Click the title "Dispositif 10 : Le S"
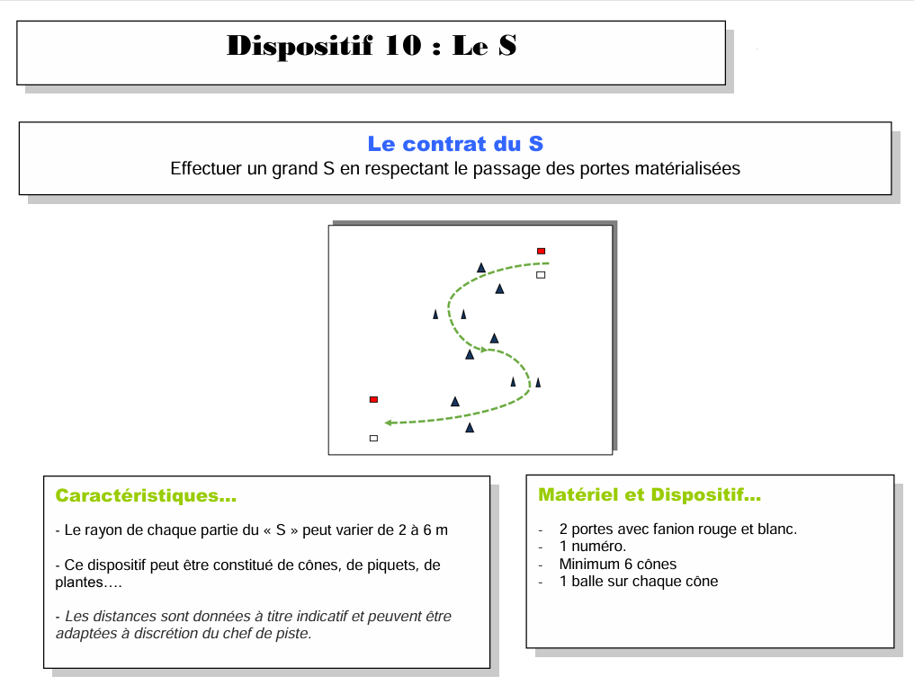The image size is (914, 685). (x=372, y=46)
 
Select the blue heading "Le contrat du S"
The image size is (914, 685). (x=455, y=144)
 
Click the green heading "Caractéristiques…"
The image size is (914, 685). (x=146, y=495)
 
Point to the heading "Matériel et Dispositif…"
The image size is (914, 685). (x=650, y=494)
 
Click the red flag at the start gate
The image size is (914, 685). (x=541, y=251)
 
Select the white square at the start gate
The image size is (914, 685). (x=541, y=274)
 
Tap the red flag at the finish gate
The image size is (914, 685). (x=373, y=399)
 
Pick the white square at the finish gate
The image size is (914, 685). (x=373, y=438)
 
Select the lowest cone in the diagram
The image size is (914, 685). (x=470, y=428)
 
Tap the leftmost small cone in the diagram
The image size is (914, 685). (x=435, y=315)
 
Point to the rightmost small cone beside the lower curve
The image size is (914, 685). (x=538, y=382)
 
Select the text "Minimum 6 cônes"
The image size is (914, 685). (x=617, y=565)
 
